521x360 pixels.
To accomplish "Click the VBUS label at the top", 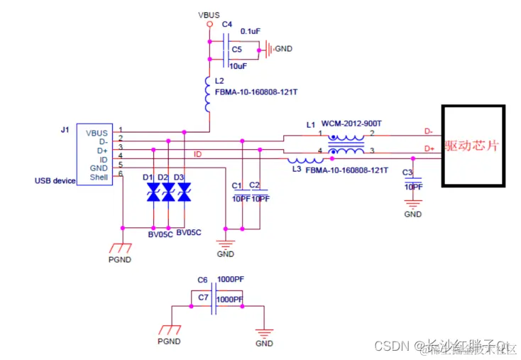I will click(x=209, y=13).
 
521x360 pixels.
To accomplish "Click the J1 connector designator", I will click(x=66, y=130).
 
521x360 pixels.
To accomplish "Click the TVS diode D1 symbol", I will click(x=152, y=192).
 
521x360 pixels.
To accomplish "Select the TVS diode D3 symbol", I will click(x=184, y=192).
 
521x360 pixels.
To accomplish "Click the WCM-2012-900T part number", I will click(x=351, y=124).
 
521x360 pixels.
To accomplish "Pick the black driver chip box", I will click(x=473, y=146).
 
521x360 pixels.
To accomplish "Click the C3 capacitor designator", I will click(x=407, y=173).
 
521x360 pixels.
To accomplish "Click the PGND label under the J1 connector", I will click(x=121, y=259).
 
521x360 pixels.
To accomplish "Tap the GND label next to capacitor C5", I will click(x=283, y=49).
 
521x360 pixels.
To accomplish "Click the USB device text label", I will click(x=55, y=180).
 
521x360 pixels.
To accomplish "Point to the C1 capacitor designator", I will click(x=237, y=185).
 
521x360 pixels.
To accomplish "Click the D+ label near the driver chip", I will click(x=429, y=148).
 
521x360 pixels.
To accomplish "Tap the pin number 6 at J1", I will click(x=121, y=173).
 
